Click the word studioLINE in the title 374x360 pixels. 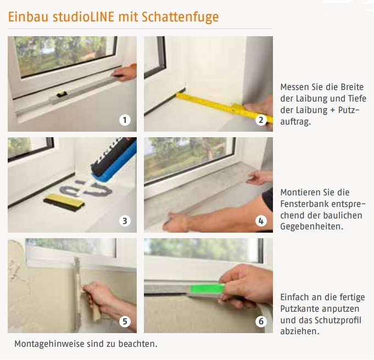click(83, 16)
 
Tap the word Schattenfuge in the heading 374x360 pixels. click(180, 17)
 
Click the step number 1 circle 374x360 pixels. click(125, 120)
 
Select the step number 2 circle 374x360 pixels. click(261, 120)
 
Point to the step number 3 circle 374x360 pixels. click(125, 221)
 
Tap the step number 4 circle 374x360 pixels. click(261, 221)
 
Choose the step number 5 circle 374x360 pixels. click(125, 322)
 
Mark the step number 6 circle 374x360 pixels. click(261, 322)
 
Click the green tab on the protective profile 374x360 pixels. click(207, 289)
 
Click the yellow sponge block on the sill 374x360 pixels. click(64, 200)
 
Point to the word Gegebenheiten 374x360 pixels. click(311, 227)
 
